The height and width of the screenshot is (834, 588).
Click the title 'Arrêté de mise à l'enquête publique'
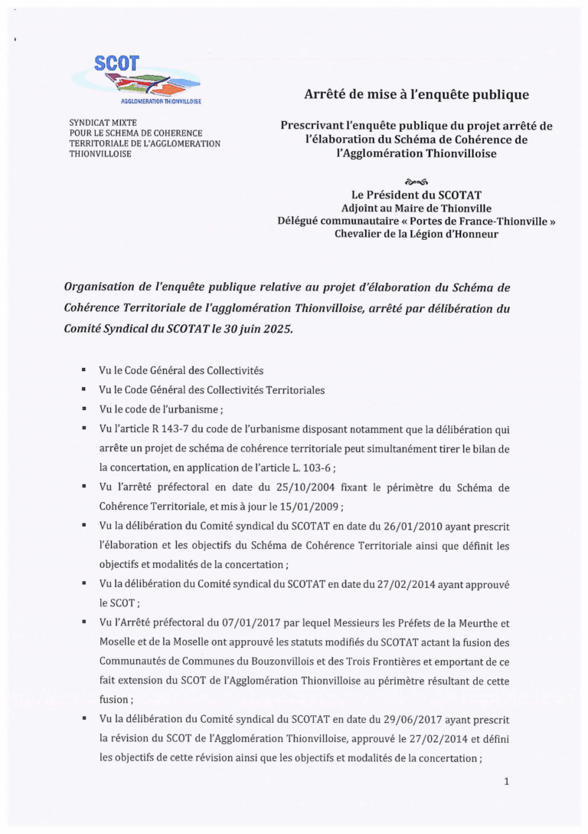coord(416,95)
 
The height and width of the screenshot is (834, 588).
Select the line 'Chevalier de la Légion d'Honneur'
coord(416,234)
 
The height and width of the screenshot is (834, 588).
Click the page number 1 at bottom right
coord(506,781)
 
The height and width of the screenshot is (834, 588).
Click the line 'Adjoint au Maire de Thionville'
coord(416,208)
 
